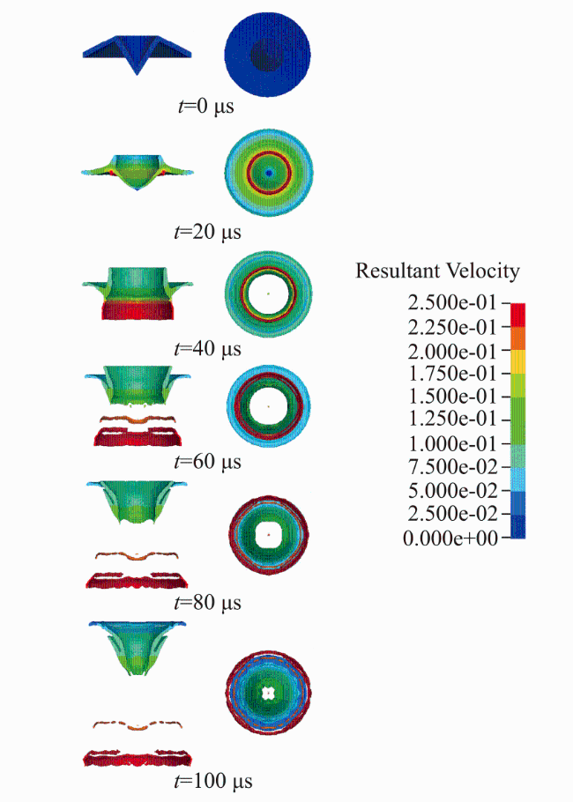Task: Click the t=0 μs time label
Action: [205, 107]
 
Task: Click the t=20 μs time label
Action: [207, 232]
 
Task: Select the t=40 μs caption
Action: [207, 349]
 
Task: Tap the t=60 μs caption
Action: [207, 461]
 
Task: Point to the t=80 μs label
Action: [207, 602]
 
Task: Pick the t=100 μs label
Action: [213, 781]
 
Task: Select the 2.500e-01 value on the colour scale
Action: [452, 303]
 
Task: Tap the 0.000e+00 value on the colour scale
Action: [450, 538]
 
